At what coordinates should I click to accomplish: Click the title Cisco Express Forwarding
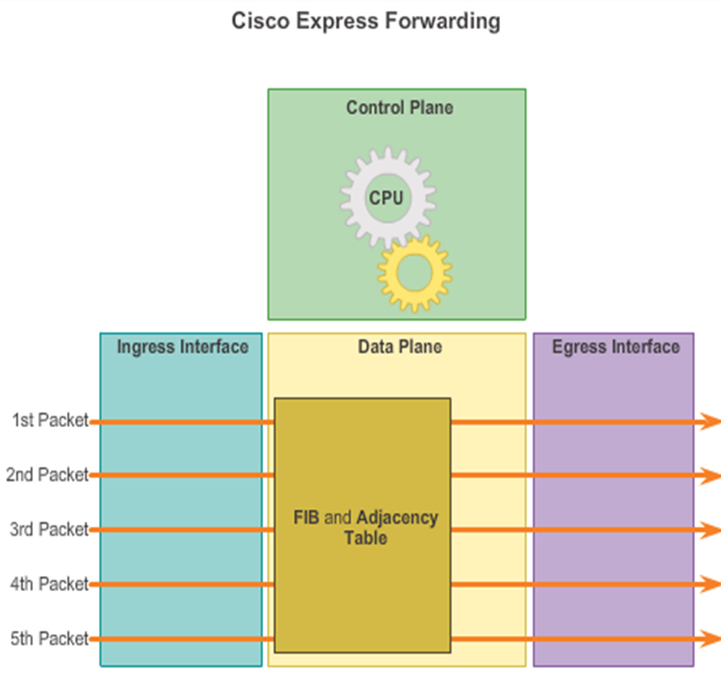[366, 21]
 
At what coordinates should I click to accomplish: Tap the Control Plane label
[399, 107]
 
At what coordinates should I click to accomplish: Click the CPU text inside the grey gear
[386, 198]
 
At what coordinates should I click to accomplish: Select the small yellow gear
[415, 272]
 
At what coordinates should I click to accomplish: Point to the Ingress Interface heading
[183, 347]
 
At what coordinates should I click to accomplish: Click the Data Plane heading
[400, 347]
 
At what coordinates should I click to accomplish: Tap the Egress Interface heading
[615, 347]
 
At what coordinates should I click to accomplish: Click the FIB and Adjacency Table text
[366, 528]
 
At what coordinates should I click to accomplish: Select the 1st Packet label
[51, 420]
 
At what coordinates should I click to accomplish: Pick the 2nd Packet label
[48, 475]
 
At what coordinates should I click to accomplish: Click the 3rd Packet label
[49, 529]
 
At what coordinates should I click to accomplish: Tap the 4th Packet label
[49, 584]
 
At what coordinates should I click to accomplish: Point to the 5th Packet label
[49, 638]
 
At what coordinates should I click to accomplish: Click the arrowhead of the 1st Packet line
[712, 421]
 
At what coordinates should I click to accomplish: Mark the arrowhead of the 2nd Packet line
[712, 475]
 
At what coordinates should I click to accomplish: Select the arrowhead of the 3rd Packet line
[712, 530]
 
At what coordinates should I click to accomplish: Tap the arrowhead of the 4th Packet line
[712, 584]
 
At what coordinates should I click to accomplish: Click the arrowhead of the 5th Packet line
[712, 639]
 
